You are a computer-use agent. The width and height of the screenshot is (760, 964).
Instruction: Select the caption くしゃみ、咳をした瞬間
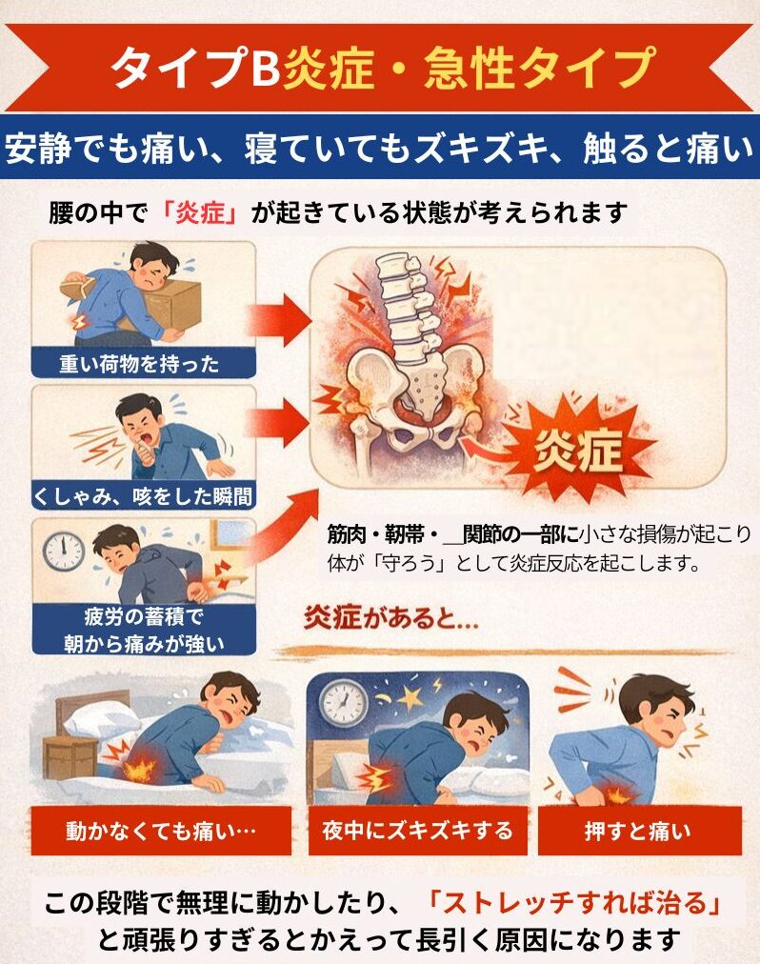click(143, 496)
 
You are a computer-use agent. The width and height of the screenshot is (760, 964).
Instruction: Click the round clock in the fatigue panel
click(63, 551)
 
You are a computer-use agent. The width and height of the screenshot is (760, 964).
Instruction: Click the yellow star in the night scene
click(410, 696)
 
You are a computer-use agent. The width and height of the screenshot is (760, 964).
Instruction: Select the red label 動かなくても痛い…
click(161, 832)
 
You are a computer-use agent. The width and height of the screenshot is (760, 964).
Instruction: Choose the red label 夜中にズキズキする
click(417, 832)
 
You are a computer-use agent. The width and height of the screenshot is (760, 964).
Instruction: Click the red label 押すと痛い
click(639, 832)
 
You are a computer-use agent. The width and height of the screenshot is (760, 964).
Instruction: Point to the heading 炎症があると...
click(391, 618)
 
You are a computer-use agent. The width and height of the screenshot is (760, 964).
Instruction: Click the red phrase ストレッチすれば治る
click(574, 904)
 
